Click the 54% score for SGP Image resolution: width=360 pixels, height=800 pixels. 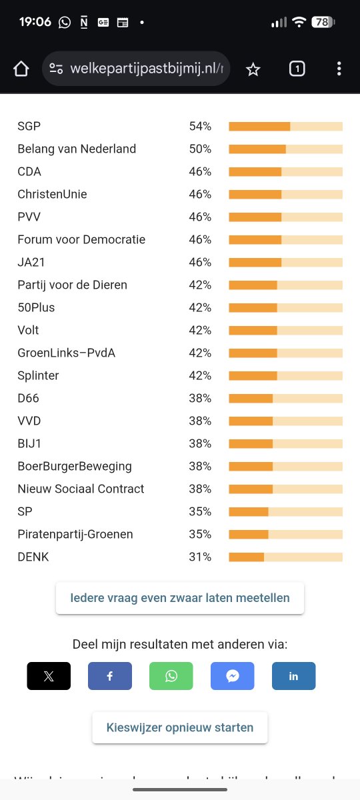point(200,126)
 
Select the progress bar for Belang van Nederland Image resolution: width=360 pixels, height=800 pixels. point(285,149)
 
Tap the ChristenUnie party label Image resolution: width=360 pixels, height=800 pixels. point(52,194)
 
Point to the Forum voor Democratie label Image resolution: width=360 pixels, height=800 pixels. point(81,239)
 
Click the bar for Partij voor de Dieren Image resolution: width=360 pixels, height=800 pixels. point(285,285)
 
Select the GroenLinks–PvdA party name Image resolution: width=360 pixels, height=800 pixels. point(67,353)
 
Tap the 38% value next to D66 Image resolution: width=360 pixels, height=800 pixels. point(200,398)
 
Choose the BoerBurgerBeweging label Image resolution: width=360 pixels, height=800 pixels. point(75,466)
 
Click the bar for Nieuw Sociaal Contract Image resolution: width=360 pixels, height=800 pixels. point(285,489)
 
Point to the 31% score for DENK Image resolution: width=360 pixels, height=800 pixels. point(200,557)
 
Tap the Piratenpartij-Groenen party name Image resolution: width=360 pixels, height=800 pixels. point(75,534)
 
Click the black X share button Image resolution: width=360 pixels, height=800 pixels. point(49,676)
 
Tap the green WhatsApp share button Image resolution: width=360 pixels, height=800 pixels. point(171,676)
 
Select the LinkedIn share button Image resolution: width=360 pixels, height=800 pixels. point(293,676)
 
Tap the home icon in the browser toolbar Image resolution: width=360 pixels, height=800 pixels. point(21,69)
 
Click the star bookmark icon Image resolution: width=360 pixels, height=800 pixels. point(253,69)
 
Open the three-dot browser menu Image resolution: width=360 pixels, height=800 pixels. point(339,69)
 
